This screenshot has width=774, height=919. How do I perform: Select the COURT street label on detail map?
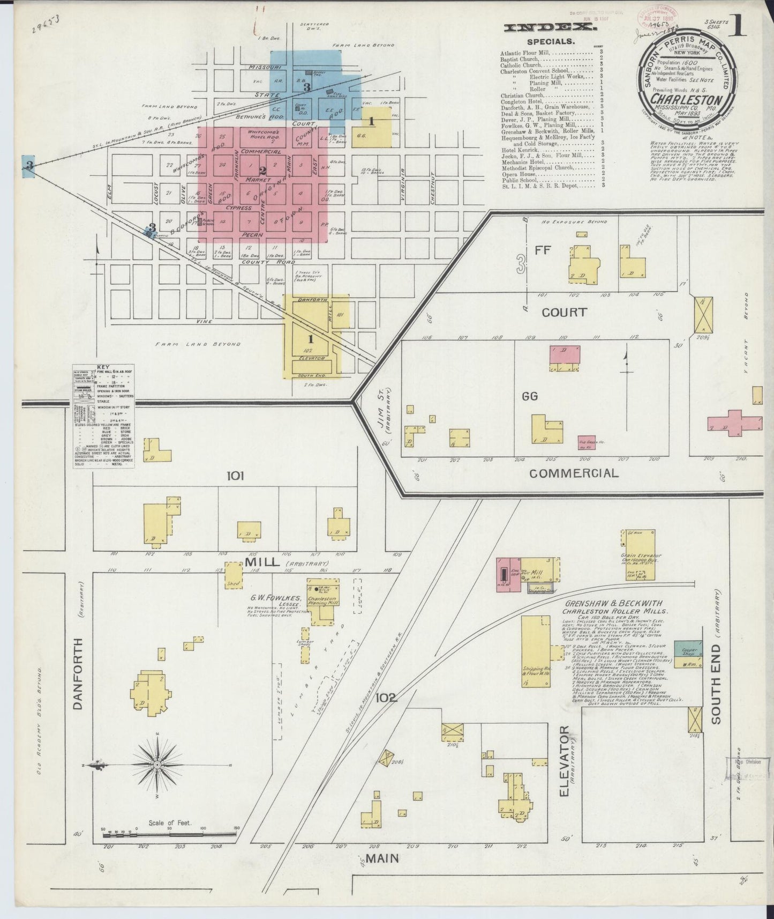pyautogui.click(x=563, y=312)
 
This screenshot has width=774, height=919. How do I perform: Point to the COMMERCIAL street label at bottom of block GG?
pyautogui.click(x=574, y=473)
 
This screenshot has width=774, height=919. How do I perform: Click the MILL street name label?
pyautogui.click(x=263, y=562)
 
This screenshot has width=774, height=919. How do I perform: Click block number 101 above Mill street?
pyautogui.click(x=235, y=475)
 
